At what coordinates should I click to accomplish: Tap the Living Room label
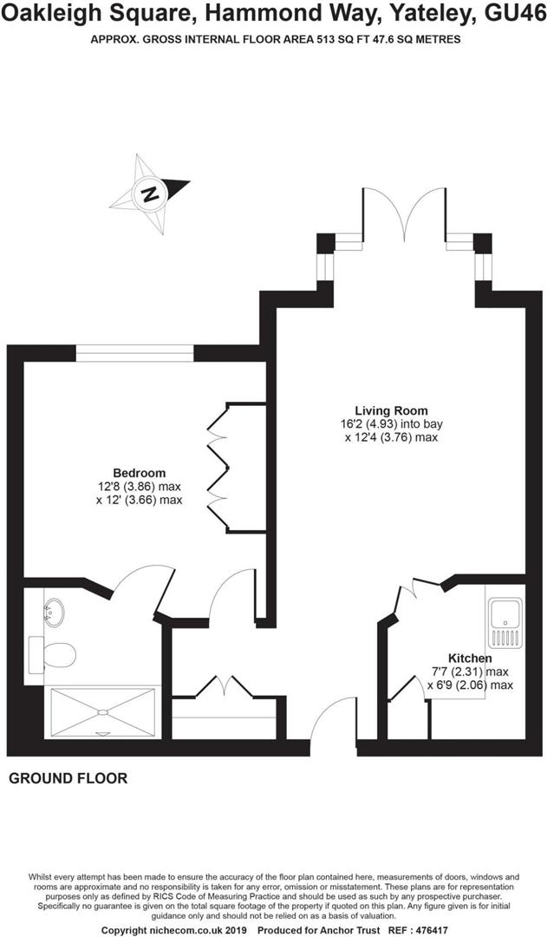point(391,410)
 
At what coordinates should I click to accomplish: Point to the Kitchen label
point(470,658)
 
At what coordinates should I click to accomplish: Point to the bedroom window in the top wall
point(134,353)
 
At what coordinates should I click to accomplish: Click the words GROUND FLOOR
point(68,778)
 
